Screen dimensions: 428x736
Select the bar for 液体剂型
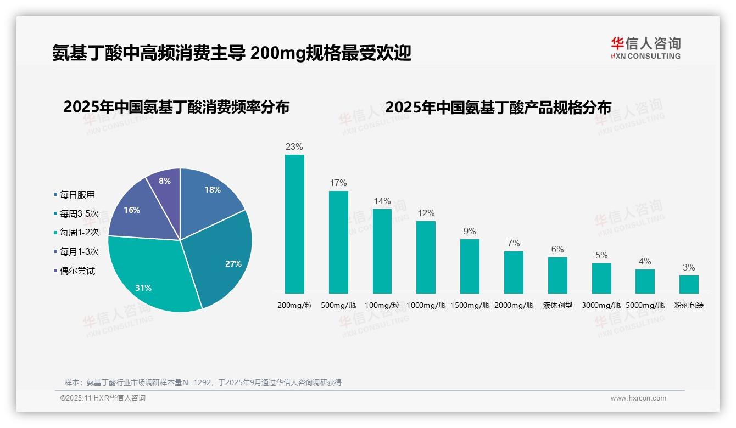coord(557,275)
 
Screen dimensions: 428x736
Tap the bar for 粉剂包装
coord(689,284)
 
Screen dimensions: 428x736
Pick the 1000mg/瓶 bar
coord(426,257)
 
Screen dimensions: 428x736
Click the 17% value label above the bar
coord(338,183)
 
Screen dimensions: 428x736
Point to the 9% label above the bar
coord(470,232)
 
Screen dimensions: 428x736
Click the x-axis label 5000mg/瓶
coord(645,306)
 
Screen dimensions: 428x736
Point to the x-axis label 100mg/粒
coord(382,306)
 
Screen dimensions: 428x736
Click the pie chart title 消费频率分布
coord(176,107)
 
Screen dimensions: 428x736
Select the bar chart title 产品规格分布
coord(498,107)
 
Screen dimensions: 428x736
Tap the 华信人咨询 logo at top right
coord(645,48)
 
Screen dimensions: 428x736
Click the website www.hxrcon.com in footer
coord(638,398)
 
